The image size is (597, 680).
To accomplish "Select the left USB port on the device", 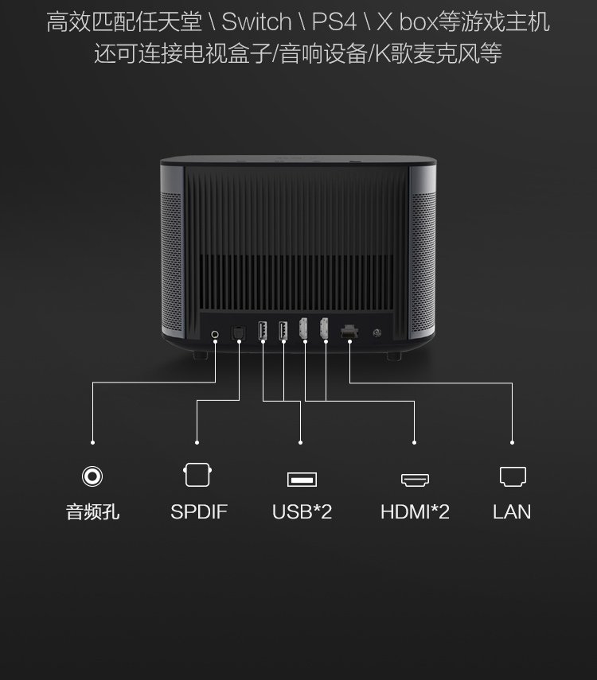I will (262, 331).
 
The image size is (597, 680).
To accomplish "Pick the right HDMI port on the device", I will (324, 330).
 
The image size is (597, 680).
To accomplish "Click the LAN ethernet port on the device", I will (349, 332).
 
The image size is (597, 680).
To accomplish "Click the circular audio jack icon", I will (93, 476).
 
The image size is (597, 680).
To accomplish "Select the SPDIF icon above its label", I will (197, 475).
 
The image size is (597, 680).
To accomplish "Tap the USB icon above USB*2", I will (302, 479).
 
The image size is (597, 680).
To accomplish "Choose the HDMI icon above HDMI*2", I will (415, 480).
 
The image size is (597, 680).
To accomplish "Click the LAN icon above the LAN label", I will (512, 476).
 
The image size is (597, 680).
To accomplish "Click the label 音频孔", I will (93, 511).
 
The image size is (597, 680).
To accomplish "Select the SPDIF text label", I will (198, 511).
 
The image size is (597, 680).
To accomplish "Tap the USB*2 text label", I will (302, 511).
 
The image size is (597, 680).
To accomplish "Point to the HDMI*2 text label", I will (415, 511).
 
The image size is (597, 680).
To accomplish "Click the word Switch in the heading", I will (256, 21).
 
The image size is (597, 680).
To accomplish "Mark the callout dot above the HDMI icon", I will (415, 442).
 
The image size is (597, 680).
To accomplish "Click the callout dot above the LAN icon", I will (512, 442).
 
